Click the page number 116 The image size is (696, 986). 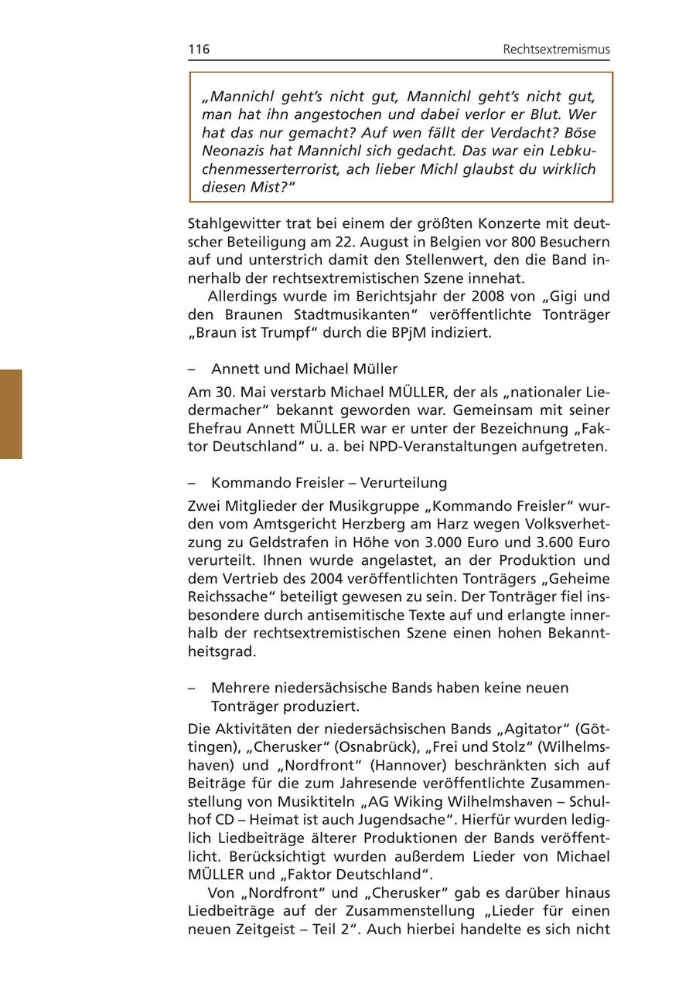pos(199,49)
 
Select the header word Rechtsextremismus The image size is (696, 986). pos(556,49)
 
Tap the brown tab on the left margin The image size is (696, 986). pos(11,414)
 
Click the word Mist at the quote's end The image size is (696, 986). pos(269,187)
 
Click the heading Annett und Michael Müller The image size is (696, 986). pos(304,369)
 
